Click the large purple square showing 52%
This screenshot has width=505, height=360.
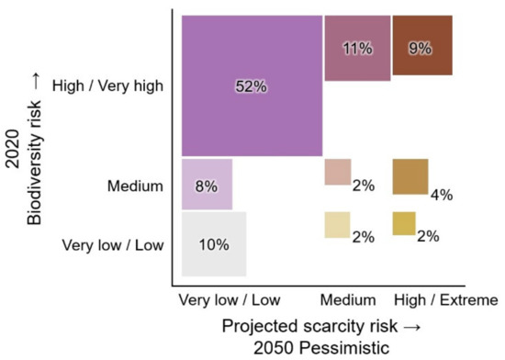251,85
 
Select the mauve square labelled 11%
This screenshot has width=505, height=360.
357,48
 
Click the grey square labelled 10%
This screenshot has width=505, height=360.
215,243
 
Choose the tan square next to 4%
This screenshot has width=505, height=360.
410,176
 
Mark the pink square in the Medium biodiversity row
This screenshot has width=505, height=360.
337,172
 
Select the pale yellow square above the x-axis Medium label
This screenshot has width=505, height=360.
337,225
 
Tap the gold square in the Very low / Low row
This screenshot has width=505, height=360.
403,223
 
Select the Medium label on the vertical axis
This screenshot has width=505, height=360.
135,186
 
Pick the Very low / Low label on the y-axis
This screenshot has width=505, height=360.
112,244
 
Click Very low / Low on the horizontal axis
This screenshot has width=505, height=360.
230,300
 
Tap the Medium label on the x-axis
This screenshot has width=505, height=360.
350,300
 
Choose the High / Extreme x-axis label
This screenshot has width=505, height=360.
444,300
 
